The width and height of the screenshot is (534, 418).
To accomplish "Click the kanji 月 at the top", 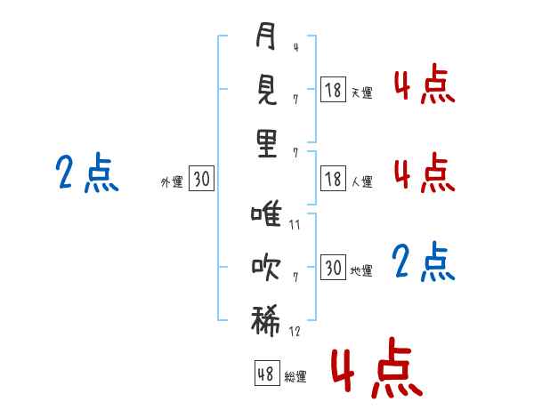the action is point(265,36).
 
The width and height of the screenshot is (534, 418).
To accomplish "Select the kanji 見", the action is point(266,89).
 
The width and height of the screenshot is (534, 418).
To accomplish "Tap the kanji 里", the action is point(267,144).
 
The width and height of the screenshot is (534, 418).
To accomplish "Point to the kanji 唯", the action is point(266,213).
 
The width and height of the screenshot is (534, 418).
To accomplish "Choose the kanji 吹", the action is point(266,267).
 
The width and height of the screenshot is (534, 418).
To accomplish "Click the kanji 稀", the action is point(265,320).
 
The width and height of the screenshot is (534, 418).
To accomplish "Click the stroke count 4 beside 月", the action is point(295,47).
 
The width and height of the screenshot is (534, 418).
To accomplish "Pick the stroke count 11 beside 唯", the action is point(295,225).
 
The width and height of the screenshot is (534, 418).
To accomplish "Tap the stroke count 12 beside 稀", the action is point(295,331).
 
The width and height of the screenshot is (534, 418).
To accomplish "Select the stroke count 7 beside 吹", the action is point(295,277).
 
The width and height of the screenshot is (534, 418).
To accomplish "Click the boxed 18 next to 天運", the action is point(333,90).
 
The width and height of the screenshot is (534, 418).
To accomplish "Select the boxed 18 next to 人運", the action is point(333,179).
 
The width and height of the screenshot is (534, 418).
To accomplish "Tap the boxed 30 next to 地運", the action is point(333,267).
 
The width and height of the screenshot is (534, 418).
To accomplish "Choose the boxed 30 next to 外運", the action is point(201,179).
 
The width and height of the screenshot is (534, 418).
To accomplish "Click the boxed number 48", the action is point(267,373).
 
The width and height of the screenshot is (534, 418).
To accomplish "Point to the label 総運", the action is point(295,377).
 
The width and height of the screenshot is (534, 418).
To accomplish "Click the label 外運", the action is point(172,182).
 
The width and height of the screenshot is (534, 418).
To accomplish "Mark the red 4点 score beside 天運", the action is point(425,84).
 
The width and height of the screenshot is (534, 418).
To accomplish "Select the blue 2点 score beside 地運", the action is point(424,261).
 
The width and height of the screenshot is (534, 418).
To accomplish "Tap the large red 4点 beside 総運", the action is point(376,367).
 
